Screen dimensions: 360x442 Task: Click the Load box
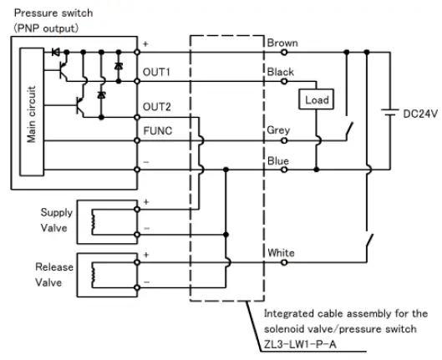(x=317, y=100)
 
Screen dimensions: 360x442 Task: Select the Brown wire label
(x=282, y=42)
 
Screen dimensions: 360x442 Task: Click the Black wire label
(x=280, y=73)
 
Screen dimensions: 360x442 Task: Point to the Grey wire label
(x=278, y=130)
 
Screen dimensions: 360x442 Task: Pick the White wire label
(x=281, y=252)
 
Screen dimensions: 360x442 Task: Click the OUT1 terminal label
(x=157, y=73)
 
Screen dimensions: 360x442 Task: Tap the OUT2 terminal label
(x=157, y=106)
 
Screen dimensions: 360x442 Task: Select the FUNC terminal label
(x=157, y=131)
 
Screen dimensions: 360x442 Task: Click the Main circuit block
(x=32, y=114)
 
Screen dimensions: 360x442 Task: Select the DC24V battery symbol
(x=388, y=113)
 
